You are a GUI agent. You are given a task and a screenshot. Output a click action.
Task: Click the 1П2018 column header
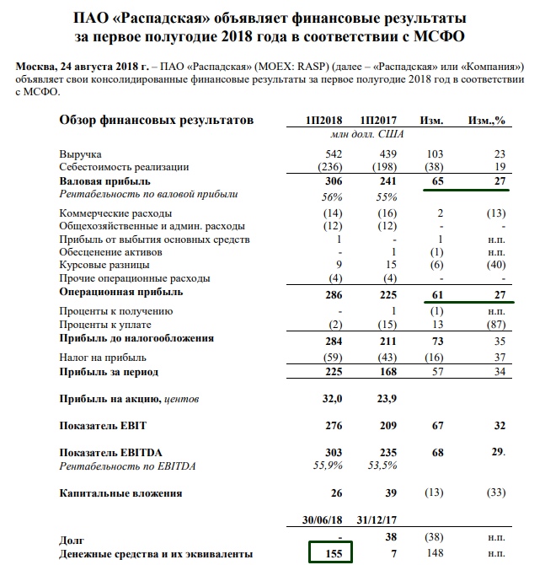[324, 121]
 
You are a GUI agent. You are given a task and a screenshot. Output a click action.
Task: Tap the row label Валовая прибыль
[104, 181]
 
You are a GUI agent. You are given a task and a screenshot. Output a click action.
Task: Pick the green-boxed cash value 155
[330, 552]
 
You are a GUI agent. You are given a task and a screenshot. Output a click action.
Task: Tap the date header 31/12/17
[378, 520]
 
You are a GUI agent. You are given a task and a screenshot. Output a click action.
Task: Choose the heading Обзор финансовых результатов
[156, 121]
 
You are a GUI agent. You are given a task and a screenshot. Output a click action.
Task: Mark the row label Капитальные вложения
[120, 492]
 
